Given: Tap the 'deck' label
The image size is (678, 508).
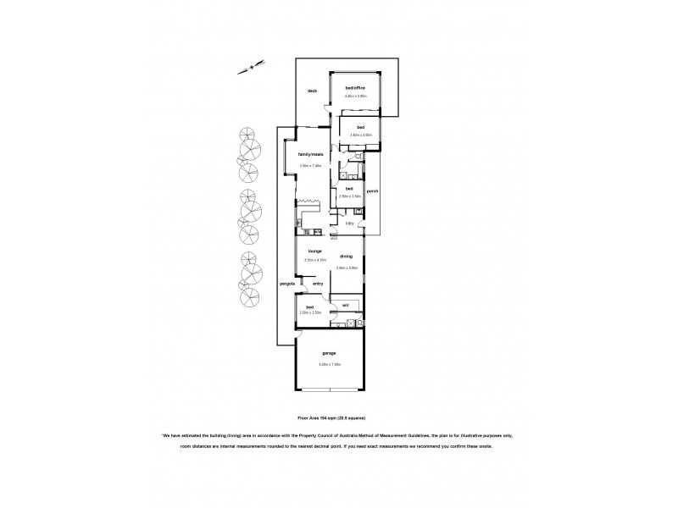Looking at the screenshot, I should [x=312, y=91].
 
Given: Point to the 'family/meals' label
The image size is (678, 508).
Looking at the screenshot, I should [x=311, y=154].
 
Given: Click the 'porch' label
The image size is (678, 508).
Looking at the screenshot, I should [x=372, y=190].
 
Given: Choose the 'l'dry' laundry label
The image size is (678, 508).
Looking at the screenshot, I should [x=348, y=224].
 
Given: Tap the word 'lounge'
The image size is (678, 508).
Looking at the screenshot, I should [x=314, y=251].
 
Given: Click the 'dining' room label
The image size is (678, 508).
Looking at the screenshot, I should [x=346, y=256].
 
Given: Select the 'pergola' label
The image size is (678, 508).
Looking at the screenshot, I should [x=286, y=284].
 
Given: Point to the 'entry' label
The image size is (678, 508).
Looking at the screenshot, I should [x=318, y=284].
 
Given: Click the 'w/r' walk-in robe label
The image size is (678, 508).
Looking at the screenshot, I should [x=346, y=305].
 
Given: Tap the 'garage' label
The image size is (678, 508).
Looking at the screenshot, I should [x=329, y=355].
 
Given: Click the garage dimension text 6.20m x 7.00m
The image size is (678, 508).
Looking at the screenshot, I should [x=329, y=364].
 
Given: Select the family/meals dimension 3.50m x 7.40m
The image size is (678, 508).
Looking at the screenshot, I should [x=311, y=165].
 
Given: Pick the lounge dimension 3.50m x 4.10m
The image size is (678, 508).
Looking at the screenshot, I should [x=314, y=260].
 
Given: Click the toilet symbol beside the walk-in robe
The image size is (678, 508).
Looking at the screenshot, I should [x=360, y=323].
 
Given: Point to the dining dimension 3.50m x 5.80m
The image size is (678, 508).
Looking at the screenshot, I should [x=347, y=268].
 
